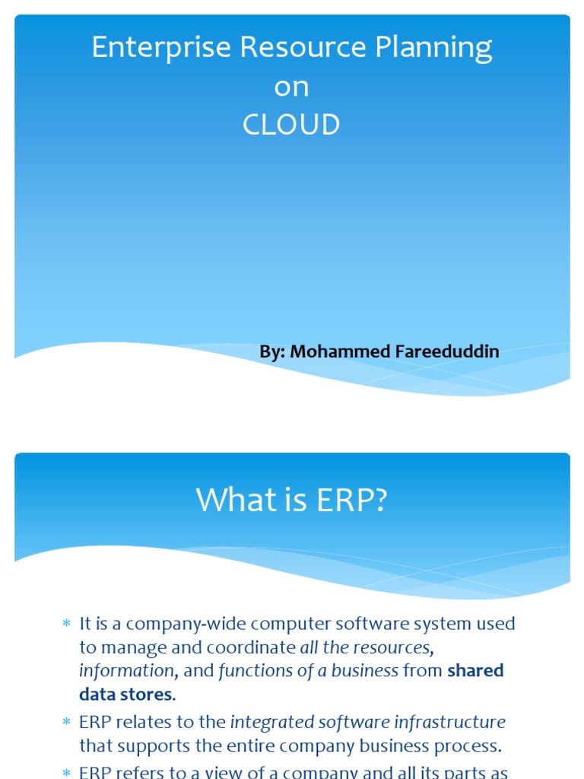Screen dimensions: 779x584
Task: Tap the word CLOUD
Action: pyautogui.click(x=291, y=125)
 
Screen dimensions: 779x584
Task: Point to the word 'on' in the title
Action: pyautogui.click(x=291, y=87)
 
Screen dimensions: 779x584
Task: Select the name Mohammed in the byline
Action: pyautogui.click(x=338, y=351)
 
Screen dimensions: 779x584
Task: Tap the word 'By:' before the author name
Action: pyautogui.click(x=272, y=351)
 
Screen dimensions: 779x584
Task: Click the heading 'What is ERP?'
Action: pyautogui.click(x=292, y=500)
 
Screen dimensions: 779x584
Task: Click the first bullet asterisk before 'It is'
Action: pyautogui.click(x=66, y=625)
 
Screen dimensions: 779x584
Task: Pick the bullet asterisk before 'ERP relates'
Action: pyautogui.click(x=66, y=723)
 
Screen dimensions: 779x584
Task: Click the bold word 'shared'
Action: pyautogui.click(x=475, y=671)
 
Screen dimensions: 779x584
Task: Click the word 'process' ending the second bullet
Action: pyautogui.click(x=469, y=746)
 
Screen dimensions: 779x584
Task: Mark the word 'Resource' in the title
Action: pyautogui.click(x=294, y=48)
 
